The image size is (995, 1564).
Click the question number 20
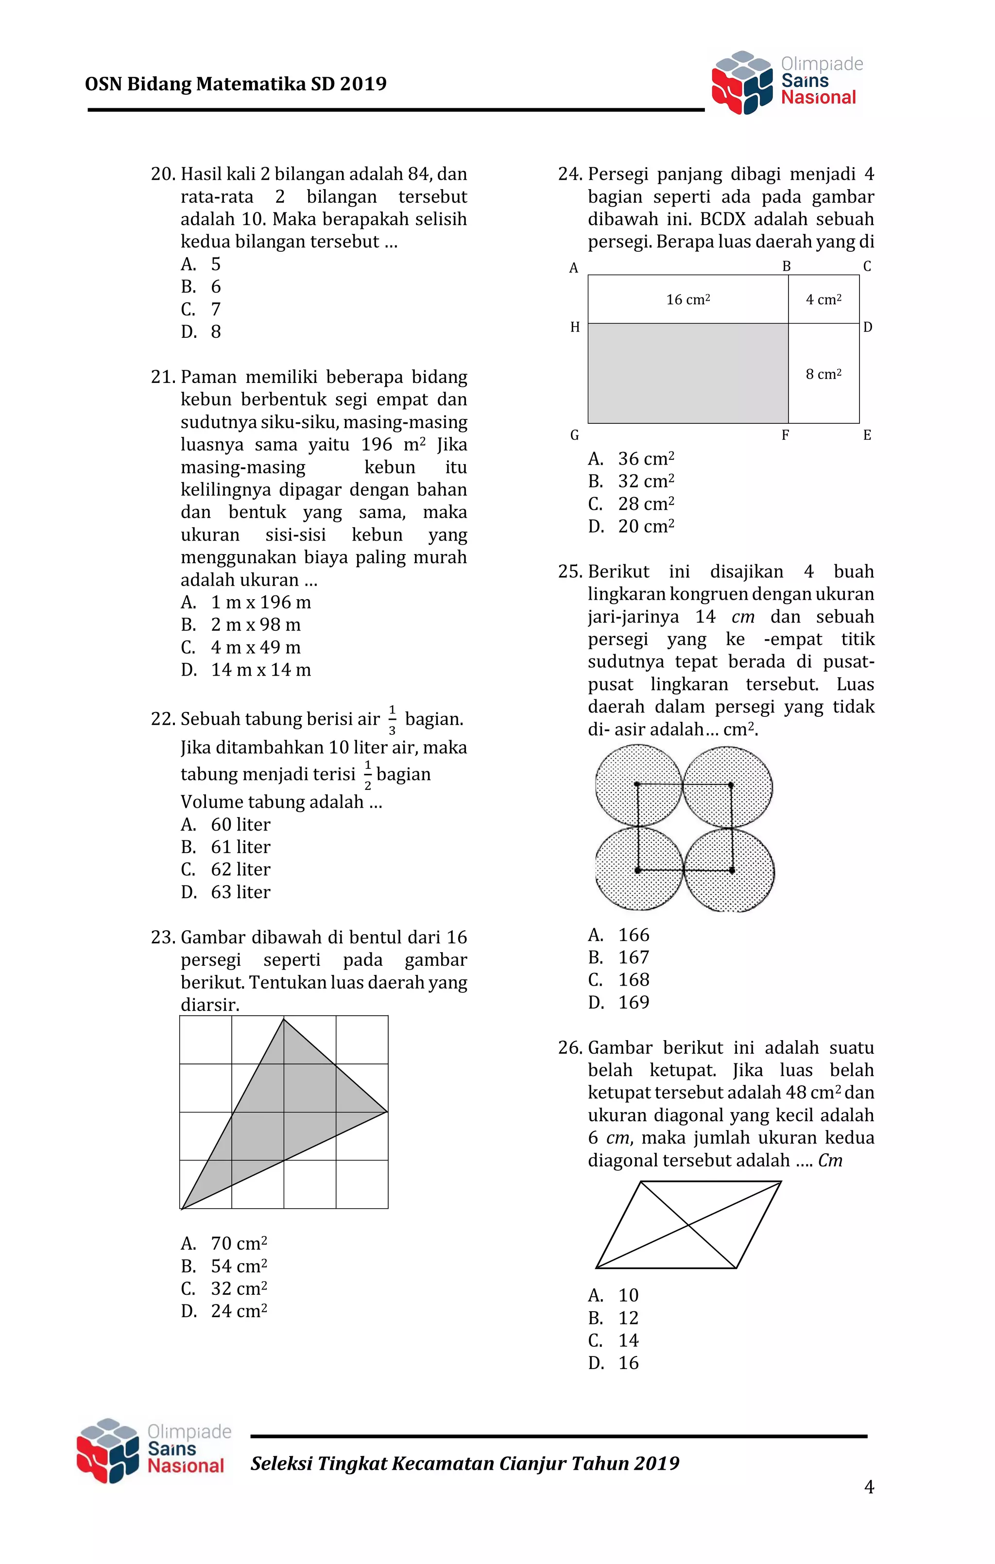163,174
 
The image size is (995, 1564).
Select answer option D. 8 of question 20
201,332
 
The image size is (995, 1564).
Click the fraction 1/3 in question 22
392,719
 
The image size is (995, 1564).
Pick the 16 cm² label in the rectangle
688,299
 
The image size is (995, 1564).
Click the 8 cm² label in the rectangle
823,374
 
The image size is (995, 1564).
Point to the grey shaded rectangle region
688,373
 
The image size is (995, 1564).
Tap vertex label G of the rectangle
574,435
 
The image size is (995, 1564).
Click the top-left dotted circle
638,786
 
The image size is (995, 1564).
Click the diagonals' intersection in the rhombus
688,1225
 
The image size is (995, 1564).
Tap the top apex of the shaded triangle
284,1019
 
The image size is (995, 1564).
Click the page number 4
869,1487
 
